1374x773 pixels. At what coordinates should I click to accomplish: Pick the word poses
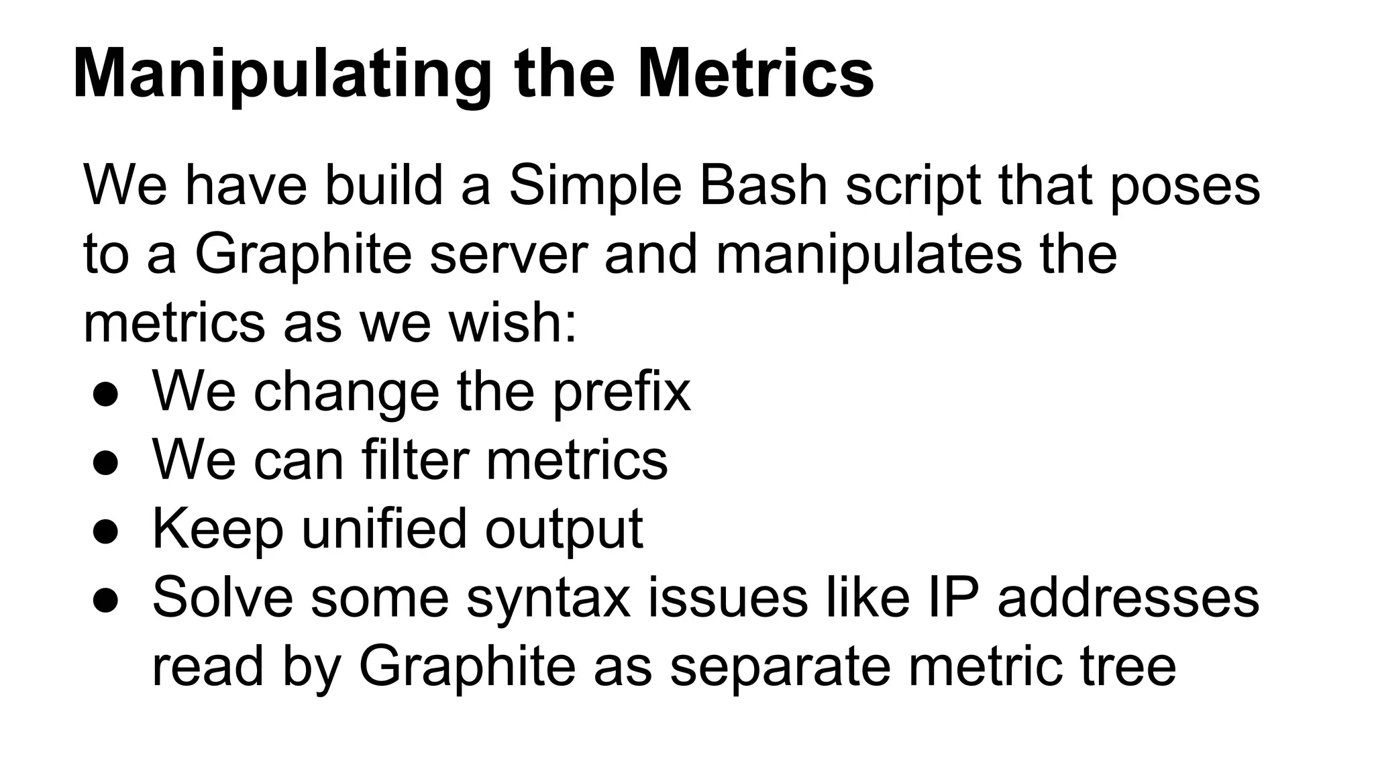tap(1185, 187)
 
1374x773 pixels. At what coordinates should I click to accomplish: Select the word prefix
tap(621, 393)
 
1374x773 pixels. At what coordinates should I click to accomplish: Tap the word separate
tap(780, 668)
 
